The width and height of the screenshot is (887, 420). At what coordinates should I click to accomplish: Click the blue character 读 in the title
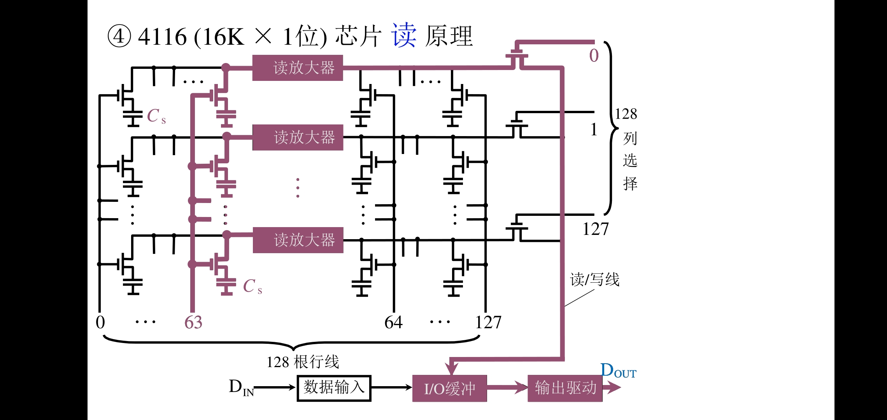[x=404, y=35]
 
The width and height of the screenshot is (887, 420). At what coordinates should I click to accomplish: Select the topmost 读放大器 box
[x=298, y=68]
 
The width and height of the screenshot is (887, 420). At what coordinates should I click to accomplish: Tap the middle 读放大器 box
[x=298, y=137]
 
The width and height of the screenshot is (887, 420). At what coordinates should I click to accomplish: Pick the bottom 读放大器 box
[x=298, y=240]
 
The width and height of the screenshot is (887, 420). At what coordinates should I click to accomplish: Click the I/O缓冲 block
[x=449, y=388]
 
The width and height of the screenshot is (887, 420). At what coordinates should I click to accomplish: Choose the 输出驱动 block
[x=565, y=388]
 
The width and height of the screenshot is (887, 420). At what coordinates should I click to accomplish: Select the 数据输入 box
[x=334, y=388]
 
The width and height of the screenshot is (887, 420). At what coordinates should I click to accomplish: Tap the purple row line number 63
[x=193, y=322]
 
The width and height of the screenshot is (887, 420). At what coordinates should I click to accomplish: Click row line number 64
[x=393, y=322]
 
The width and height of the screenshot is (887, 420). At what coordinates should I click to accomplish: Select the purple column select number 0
[x=594, y=55]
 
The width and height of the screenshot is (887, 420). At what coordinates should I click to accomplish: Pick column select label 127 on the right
[x=595, y=229]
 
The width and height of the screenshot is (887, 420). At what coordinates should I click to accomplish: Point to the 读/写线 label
[x=594, y=279]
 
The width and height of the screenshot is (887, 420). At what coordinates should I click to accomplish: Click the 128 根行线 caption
[x=303, y=362]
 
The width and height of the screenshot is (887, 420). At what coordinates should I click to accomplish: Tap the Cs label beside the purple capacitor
[x=252, y=287]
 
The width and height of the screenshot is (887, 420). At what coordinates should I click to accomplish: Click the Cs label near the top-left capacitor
[x=156, y=116]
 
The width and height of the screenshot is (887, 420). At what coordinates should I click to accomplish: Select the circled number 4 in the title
[x=119, y=36]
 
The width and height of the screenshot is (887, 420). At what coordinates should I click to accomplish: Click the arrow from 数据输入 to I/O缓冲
[x=391, y=387]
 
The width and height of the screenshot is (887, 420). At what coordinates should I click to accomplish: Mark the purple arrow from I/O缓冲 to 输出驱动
[x=507, y=387]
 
